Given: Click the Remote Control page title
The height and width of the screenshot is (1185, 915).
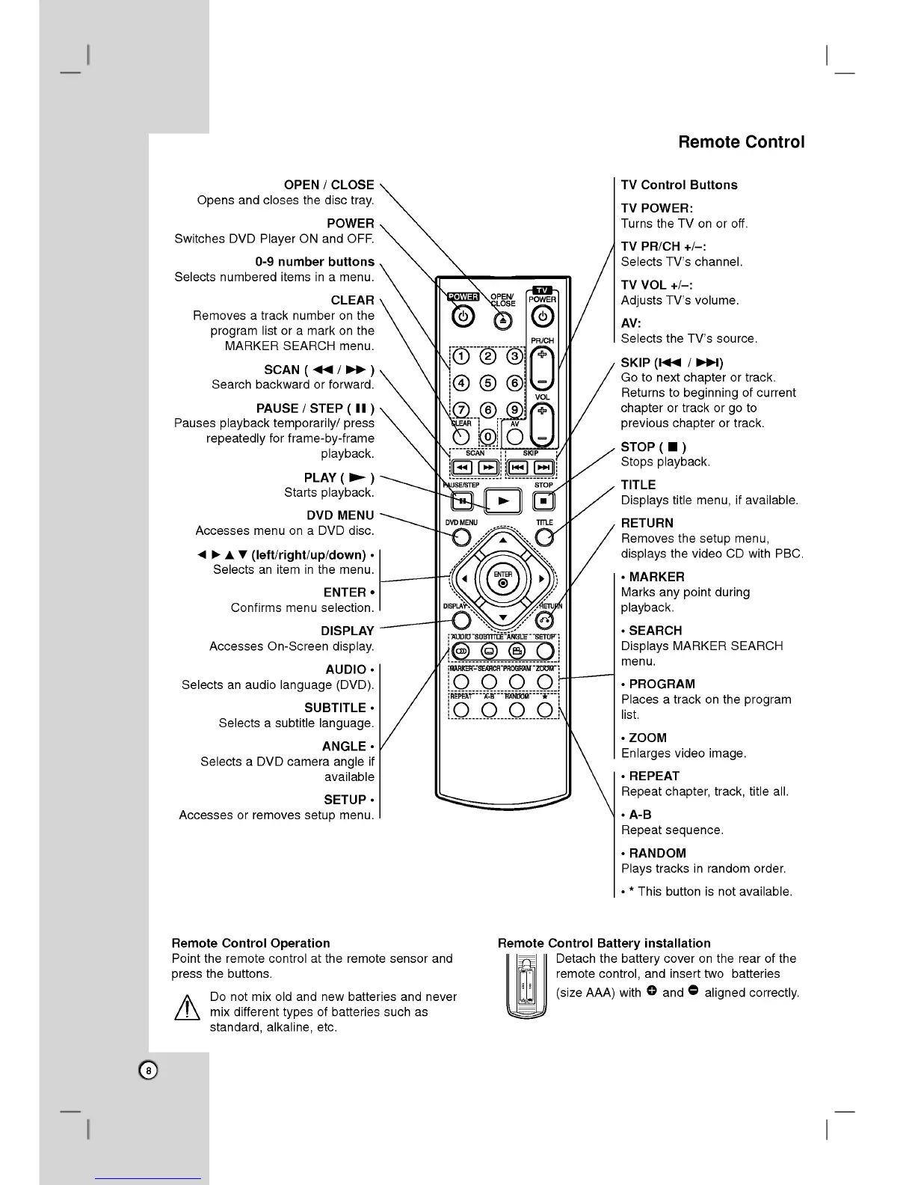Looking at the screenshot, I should tap(741, 142).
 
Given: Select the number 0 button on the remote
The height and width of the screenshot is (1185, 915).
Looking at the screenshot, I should tap(488, 437).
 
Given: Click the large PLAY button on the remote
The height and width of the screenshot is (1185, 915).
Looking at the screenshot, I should tap(504, 500).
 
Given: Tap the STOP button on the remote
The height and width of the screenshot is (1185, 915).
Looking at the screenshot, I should tap(544, 500).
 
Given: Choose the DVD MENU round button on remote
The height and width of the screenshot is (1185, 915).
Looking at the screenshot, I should tap(462, 537).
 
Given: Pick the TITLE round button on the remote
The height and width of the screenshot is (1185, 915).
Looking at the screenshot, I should tap(545, 536).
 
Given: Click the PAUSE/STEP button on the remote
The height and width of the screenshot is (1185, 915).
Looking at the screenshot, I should tap(463, 500).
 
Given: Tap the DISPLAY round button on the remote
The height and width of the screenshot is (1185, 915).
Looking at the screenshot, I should tap(462, 619).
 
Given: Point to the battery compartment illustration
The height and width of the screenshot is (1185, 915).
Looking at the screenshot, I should tap(526, 988).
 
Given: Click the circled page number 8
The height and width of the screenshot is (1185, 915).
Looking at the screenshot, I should tap(149, 1071).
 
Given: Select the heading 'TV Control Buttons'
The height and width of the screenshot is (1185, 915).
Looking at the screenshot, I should tap(679, 185).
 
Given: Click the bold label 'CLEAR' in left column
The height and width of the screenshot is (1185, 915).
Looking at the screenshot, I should tap(352, 300).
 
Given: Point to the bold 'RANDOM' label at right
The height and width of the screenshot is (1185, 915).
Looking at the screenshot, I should tap(657, 853).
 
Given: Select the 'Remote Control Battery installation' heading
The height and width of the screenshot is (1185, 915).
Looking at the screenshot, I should tap(604, 943).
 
